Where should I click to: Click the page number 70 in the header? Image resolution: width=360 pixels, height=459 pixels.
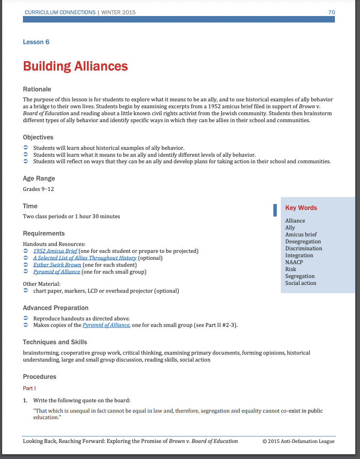tap(331, 12)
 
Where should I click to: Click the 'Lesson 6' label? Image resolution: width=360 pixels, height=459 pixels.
tap(36, 42)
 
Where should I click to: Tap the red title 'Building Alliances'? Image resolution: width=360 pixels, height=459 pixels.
tap(75, 66)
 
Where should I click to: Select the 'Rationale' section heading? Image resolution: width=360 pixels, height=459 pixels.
tap(37, 89)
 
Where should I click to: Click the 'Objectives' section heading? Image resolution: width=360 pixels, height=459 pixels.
tap(38, 137)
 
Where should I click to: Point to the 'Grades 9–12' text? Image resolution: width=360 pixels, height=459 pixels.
tap(39, 189)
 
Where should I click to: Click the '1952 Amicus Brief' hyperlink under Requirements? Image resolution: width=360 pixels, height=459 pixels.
tap(55, 251)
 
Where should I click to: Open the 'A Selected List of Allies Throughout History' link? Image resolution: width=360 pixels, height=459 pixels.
tap(85, 258)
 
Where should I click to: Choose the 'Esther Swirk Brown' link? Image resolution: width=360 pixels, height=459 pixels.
tap(57, 265)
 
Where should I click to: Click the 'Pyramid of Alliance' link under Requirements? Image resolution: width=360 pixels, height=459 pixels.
tap(57, 272)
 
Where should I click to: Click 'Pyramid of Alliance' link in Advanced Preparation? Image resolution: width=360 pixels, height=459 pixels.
tap(106, 325)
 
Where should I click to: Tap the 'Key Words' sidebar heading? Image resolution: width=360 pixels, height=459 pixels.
tap(301, 208)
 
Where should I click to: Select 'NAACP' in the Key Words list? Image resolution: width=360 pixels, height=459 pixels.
tap(294, 262)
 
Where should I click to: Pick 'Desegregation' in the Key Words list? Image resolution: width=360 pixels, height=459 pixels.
tap(303, 242)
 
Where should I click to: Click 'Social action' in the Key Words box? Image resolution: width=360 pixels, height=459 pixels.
tap(301, 283)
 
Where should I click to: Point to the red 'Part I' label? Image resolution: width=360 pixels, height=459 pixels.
tap(29, 388)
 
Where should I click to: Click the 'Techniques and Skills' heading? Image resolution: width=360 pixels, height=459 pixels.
tap(55, 342)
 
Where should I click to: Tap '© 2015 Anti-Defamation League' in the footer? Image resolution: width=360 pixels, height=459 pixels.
tap(298, 441)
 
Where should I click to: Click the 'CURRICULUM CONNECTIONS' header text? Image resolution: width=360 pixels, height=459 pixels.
tap(60, 12)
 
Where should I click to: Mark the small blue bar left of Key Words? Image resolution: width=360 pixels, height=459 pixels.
tap(275, 210)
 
